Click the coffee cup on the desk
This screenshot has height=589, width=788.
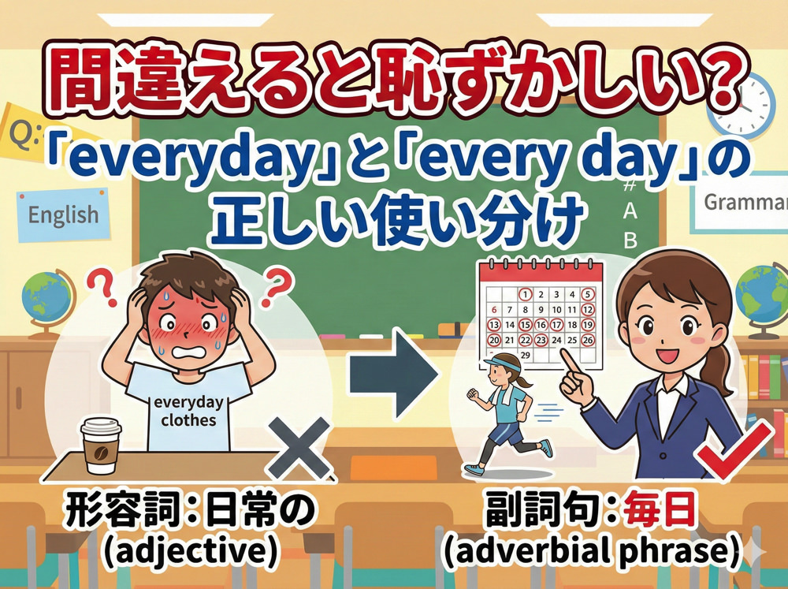[101, 445]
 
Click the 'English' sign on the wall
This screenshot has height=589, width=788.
[63, 214]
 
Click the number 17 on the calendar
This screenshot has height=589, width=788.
[557, 324]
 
